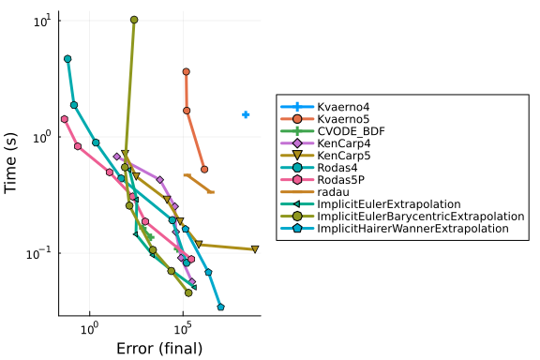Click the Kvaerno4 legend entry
(x=343, y=107)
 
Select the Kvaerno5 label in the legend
(x=343, y=119)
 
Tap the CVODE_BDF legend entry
(x=351, y=131)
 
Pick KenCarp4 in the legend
(x=344, y=143)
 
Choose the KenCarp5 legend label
(x=344, y=156)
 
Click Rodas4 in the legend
(x=337, y=168)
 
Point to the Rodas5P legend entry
(x=340, y=180)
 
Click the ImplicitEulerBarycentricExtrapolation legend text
(x=421, y=217)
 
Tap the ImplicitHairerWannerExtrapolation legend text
(x=412, y=229)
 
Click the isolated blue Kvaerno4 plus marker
(x=246, y=114)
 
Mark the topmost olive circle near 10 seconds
(x=134, y=20)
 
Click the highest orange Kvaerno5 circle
(x=187, y=71)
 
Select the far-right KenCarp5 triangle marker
(x=255, y=249)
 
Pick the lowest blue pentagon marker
(x=220, y=307)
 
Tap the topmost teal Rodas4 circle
(x=67, y=59)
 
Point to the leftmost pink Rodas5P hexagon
(x=65, y=119)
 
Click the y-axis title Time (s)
(x=10, y=163)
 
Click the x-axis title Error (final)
(x=159, y=349)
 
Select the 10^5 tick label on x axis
(x=183, y=329)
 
